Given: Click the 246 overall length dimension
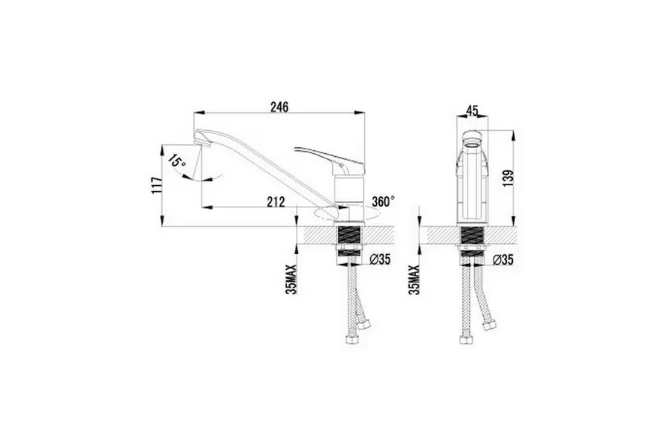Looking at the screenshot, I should tap(279, 106).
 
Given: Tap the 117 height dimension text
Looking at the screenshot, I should tap(156, 185).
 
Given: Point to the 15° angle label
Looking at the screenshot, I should tap(176, 161).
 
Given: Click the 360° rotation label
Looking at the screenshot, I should tap(383, 201).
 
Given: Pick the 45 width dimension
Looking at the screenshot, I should tap(471, 110).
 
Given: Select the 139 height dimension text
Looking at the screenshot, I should tap(508, 178).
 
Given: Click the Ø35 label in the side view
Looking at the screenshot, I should tap(380, 259).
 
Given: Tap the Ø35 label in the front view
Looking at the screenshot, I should tap(503, 259).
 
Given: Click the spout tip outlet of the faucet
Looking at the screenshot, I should tap(200, 139).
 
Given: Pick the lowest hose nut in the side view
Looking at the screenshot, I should tap(352, 340).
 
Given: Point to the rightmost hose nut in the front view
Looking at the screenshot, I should tap(488, 325).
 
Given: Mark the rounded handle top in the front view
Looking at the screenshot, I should tap(472, 138).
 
